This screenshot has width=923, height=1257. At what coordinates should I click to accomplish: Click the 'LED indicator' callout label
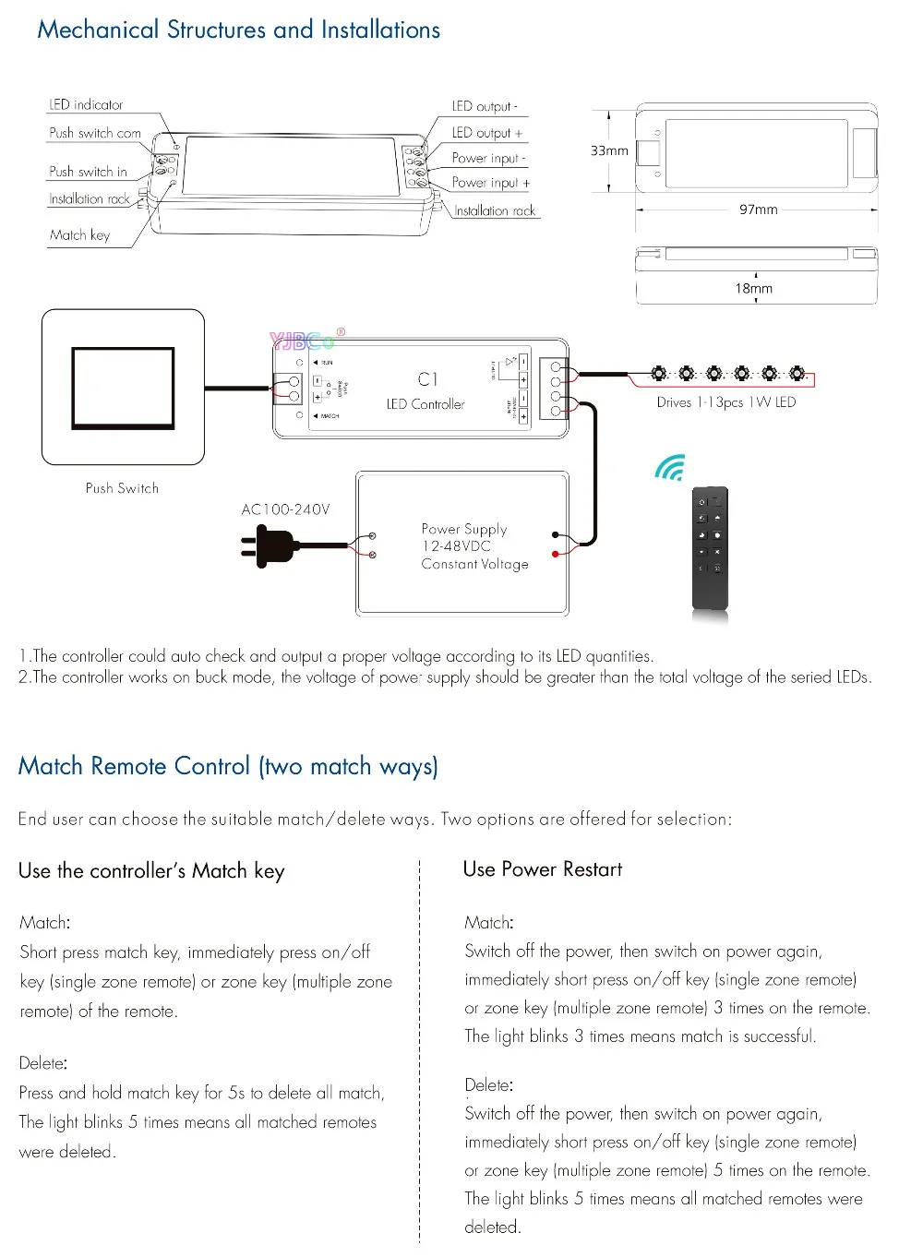point(86,105)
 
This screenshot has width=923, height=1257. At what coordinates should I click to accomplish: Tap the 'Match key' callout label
point(79,235)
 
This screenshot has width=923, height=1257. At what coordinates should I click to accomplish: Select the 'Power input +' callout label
point(490,183)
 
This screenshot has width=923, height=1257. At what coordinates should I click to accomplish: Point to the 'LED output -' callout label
point(484,106)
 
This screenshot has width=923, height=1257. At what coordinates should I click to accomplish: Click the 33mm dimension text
point(609,150)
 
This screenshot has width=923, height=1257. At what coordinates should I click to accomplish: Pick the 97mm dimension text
point(758,209)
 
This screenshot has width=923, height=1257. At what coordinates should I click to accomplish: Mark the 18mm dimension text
point(753,289)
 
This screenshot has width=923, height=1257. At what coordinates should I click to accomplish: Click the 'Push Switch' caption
point(122,488)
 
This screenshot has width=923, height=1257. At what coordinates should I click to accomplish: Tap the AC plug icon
point(268,546)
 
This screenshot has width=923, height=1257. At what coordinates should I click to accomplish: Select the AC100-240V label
point(285,509)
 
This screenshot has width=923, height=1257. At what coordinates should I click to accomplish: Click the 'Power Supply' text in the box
point(464,529)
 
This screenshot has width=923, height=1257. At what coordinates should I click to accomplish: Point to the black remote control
point(710,549)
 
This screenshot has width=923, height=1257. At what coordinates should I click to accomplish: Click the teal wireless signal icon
point(670,468)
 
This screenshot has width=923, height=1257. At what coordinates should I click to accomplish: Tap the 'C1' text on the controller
point(427,379)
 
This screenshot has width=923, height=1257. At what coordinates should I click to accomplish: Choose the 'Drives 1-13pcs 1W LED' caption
point(725,402)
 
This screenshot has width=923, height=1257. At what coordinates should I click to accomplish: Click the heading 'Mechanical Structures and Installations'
point(238,30)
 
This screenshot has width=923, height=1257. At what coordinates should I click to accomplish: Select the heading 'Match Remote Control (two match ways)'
point(228,766)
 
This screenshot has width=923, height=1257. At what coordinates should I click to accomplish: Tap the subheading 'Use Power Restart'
point(542,869)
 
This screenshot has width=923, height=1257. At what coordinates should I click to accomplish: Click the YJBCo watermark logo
point(305,341)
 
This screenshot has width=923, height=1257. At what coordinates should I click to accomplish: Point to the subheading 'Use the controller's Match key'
point(151,871)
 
